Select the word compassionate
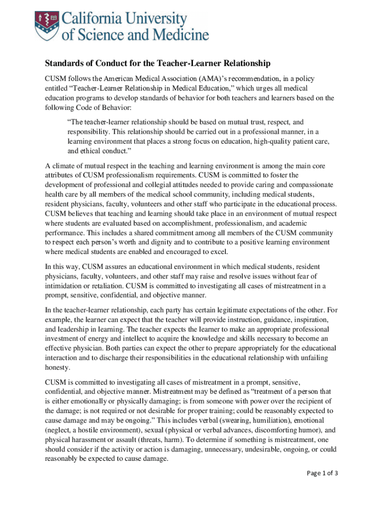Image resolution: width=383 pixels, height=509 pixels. point(306,184)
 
